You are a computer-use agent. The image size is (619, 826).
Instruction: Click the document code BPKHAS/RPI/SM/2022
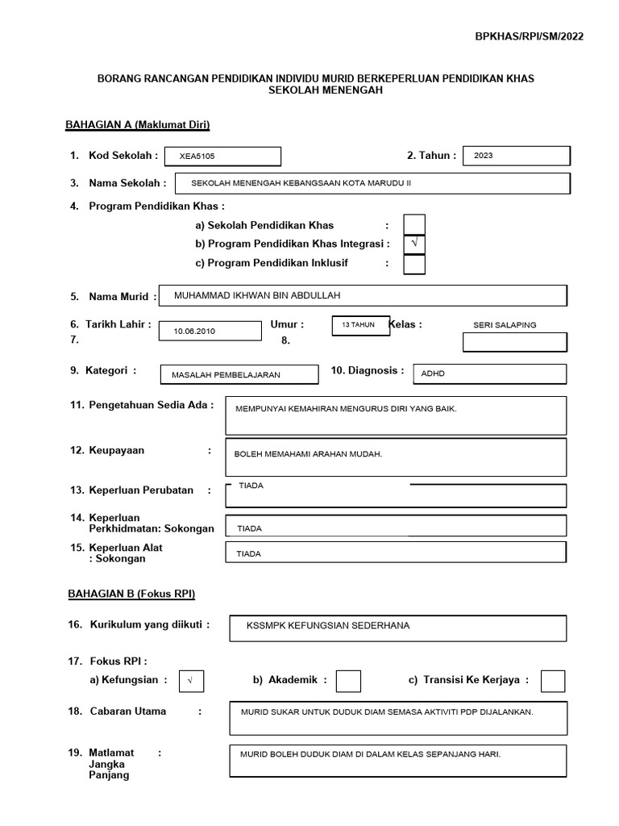[530, 36]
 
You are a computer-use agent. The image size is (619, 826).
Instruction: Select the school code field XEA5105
[222, 156]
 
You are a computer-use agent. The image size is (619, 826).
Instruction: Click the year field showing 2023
[517, 156]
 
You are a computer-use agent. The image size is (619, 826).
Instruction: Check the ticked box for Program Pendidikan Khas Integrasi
[414, 244]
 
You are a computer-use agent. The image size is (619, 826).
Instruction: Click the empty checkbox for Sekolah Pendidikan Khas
[414, 224]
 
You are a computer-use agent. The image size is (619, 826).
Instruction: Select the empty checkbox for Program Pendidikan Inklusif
[414, 264]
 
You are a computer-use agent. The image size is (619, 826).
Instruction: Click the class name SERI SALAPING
[505, 325]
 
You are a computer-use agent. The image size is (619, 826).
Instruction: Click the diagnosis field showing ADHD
[489, 374]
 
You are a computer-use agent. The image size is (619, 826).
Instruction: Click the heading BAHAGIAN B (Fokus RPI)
[131, 594]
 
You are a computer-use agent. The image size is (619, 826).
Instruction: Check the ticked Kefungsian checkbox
[192, 681]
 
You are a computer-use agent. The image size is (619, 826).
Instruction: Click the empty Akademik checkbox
[348, 681]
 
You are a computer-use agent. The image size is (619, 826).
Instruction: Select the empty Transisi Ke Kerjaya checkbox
[553, 681]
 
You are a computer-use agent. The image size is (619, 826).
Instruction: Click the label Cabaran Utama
[129, 711]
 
